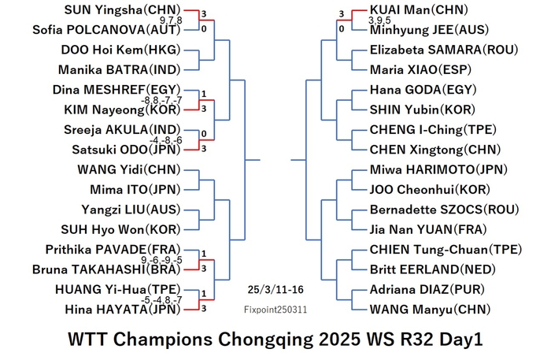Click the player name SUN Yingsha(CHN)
pos(122,9)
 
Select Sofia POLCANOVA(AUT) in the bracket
pos(106,30)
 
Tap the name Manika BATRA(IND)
pos(119,70)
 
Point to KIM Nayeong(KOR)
pos(122,110)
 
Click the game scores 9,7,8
pos(171,20)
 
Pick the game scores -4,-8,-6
pos(166,140)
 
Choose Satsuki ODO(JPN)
pos(126,150)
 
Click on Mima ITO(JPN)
pos(135,190)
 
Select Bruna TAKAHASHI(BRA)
pos(106,269)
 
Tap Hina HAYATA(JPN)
pos(123,310)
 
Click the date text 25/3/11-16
pos(275,290)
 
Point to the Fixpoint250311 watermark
pos(275,310)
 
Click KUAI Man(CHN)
pos(419,9)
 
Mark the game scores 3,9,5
pos(379,20)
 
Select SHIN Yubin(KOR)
pos(423,110)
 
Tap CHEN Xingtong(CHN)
pos(435,150)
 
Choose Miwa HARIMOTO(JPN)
pos(438,170)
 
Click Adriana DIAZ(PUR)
pos(427,290)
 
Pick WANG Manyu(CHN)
pos(430,310)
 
